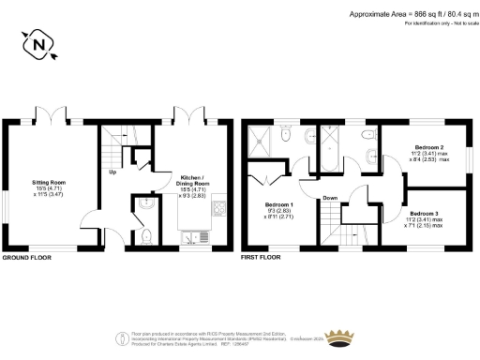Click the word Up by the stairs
click(113, 172)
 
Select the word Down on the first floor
click(329, 198)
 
